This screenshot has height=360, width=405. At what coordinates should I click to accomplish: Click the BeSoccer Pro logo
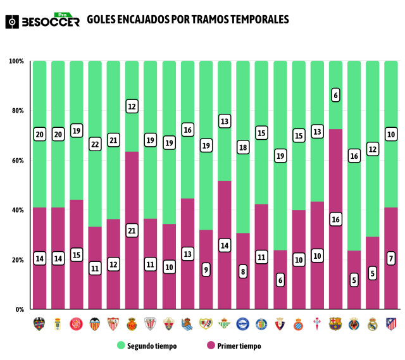42,20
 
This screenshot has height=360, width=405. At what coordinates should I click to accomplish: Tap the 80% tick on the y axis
16,111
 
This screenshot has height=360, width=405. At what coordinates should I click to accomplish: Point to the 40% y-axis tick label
16,210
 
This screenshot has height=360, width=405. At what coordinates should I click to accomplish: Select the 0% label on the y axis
18,309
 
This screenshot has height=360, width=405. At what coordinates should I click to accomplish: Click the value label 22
95,145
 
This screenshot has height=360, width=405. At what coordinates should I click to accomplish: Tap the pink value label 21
132,231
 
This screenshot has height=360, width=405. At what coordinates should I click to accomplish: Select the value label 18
243,147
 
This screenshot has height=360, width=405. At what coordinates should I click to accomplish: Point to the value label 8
243,272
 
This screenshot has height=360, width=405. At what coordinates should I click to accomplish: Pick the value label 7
391,259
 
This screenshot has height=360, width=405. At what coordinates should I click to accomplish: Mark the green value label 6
335,96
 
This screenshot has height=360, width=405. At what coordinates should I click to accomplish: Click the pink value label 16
335,220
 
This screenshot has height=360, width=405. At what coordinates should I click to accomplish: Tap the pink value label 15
77,255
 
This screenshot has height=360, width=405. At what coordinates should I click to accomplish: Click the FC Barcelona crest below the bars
335,323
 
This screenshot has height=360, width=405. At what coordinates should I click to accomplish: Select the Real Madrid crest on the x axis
373,323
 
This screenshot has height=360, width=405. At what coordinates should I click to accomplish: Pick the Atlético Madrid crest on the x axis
391,323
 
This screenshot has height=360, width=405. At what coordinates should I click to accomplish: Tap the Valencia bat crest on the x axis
95,323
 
